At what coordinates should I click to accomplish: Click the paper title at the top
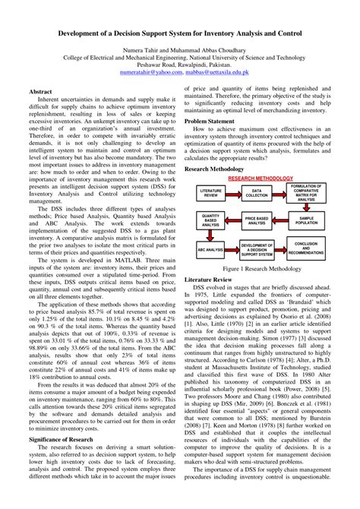click(180, 34)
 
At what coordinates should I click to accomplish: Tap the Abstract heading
click(40, 91)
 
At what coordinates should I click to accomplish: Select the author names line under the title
click(180, 55)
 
